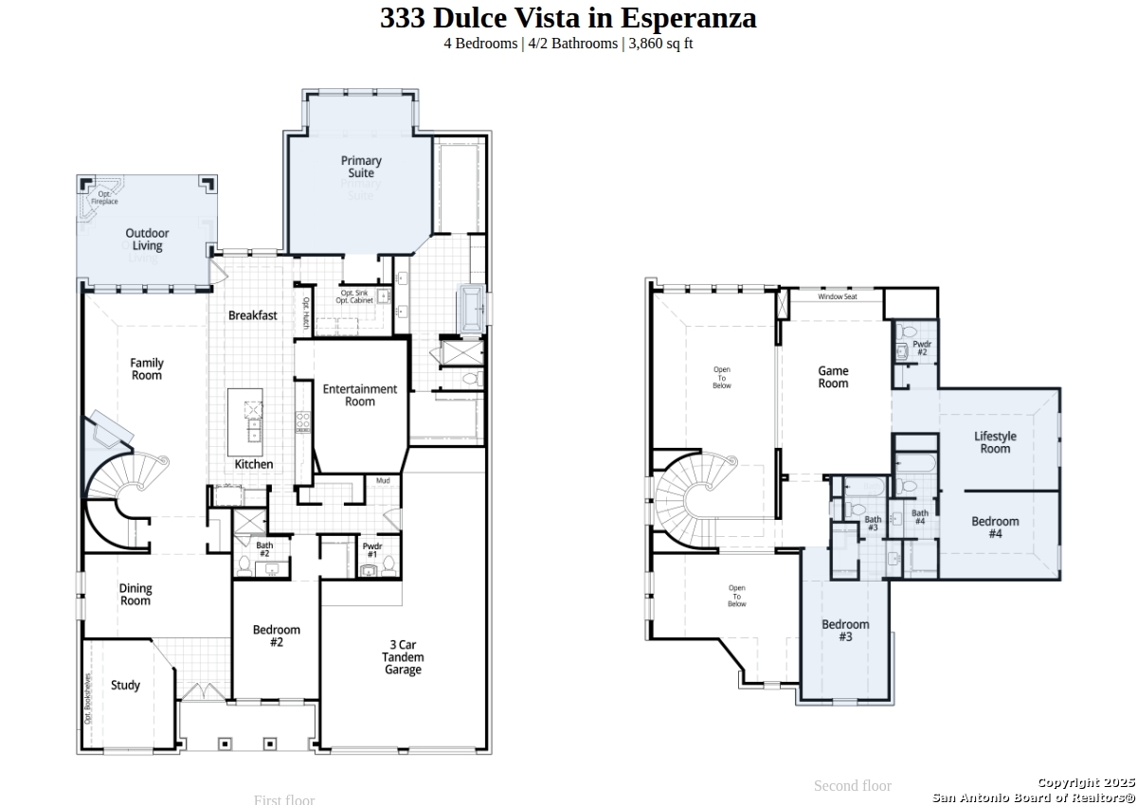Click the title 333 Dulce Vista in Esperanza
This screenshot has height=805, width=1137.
568,18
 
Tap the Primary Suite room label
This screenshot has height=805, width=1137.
361,167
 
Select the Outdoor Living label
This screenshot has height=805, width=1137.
147,240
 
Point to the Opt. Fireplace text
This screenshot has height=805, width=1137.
104,198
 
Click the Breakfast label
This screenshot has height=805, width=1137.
253,315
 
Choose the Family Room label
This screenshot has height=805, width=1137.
147,369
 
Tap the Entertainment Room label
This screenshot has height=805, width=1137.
360,395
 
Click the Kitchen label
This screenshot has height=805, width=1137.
254,464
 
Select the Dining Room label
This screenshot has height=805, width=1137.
135,595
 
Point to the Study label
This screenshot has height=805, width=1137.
125,686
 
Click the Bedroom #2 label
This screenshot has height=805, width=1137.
277,636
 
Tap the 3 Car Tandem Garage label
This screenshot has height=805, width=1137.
403,657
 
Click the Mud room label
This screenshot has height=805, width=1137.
383,481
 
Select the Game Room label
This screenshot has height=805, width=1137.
834,377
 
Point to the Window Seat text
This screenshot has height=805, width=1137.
838,297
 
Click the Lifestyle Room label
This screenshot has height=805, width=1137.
995,442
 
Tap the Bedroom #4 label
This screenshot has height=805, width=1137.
995,528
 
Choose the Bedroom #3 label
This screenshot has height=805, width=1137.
845,631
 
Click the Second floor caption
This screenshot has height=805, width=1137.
852,785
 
